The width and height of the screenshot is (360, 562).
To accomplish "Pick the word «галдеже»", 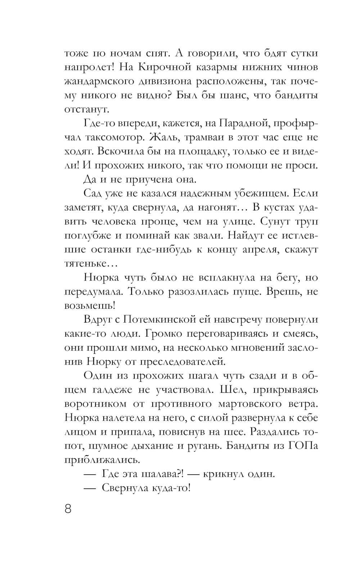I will coord(121,390).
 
